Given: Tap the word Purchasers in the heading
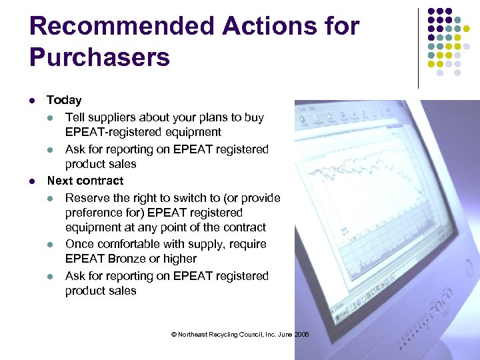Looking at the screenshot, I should click(100, 57).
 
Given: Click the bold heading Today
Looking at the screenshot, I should click(64, 100).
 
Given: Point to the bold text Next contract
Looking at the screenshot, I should click(85, 181).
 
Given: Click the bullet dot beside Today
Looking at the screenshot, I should click(32, 101).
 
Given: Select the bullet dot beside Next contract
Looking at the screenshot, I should click(32, 181).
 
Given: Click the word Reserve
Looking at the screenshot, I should click(87, 198).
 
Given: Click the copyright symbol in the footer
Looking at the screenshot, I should click(174, 335).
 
